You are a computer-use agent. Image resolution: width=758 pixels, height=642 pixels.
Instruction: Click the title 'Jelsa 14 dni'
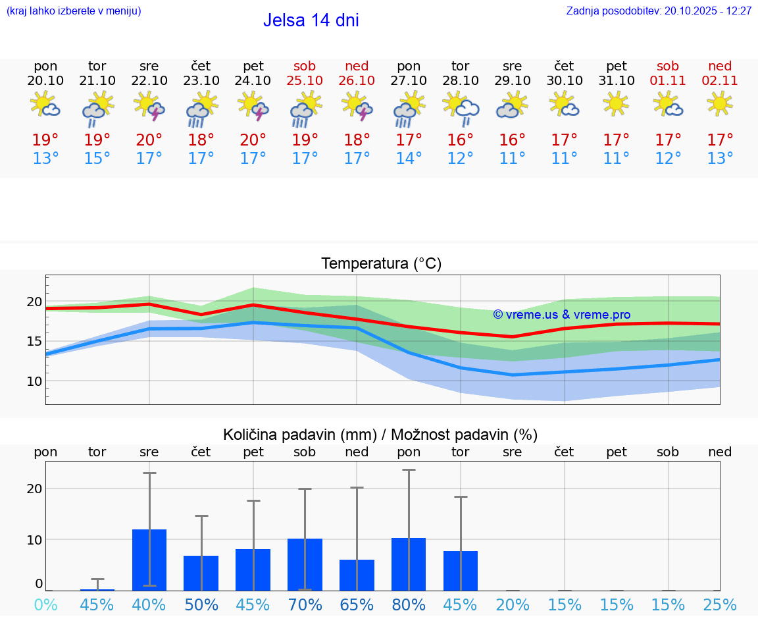[311, 20]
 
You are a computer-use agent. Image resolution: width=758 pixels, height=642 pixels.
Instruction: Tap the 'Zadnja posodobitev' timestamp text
[659, 11]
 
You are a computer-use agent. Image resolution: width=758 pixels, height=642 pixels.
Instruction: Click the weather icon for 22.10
[149, 105]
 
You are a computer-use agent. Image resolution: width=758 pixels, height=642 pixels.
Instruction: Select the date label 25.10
[305, 80]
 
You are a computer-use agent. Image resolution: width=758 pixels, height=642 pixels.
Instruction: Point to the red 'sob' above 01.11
[668, 66]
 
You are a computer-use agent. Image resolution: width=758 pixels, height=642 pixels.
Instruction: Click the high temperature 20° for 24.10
[253, 140]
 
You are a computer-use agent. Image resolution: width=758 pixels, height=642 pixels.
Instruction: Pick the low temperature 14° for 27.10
[409, 159]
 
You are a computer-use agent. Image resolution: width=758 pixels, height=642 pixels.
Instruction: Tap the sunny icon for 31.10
[616, 103]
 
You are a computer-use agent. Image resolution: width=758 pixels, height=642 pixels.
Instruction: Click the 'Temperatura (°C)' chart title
[381, 264]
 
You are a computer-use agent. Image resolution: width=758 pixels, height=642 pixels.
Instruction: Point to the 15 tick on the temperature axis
[35, 341]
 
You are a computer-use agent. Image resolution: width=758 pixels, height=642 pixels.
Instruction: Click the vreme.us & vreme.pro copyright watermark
[561, 315]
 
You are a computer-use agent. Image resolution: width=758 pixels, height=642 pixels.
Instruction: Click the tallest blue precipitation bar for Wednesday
[149, 560]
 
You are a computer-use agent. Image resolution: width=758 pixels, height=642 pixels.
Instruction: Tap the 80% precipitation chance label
[409, 605]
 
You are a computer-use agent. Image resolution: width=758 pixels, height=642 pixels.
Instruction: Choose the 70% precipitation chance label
[305, 605]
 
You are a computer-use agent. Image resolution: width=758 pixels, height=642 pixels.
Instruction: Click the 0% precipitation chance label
[45, 605]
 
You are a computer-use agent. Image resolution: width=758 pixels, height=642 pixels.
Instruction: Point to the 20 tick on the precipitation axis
[35, 489]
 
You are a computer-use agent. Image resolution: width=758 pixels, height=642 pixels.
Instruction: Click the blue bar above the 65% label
[357, 575]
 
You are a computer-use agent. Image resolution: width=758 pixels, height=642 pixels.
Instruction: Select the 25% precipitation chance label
[720, 605]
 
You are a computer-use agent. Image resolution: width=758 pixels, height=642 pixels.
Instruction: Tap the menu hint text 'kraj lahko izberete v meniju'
[73, 11]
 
